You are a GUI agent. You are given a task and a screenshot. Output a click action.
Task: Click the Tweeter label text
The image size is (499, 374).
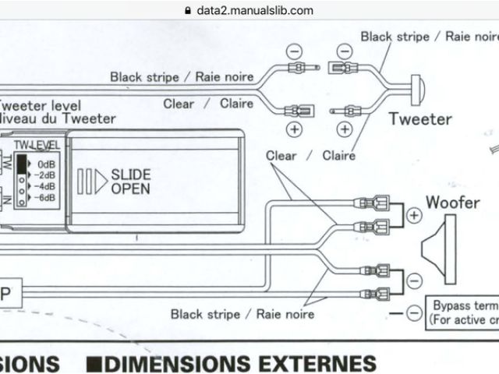coord(420,119)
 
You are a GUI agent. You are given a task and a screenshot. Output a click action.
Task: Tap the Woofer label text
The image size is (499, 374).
coord(452,203)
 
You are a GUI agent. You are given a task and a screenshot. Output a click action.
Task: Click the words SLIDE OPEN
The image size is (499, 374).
coord(131,182)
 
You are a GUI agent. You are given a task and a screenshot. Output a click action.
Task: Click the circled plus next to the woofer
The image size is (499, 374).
coord(414,214)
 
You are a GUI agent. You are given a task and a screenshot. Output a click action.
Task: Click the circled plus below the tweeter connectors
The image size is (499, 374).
coord(295,129)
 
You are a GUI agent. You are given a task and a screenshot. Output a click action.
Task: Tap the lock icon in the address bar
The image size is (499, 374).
coord(187,11)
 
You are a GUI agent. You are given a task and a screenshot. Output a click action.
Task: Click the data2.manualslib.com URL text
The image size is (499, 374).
coord(255,11)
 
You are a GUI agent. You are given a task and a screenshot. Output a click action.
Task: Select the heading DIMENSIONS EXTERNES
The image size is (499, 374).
coord(242,364)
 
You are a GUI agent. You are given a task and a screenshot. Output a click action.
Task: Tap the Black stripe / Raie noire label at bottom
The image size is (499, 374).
coord(242,313)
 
